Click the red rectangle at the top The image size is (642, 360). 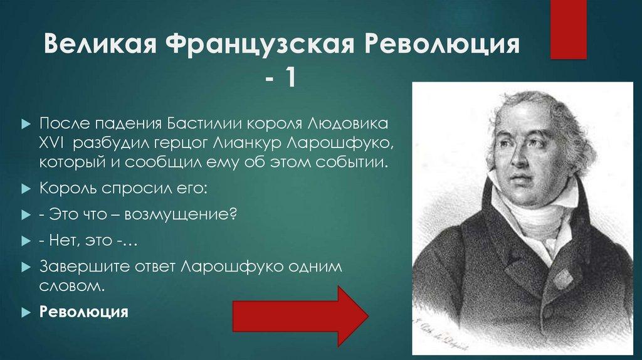coord(568,28)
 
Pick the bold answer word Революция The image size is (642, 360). coord(84,312)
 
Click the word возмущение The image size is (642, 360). coord(181,214)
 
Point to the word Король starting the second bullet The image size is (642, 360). coord(66,188)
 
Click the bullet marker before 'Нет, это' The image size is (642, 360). coord(26,240)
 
